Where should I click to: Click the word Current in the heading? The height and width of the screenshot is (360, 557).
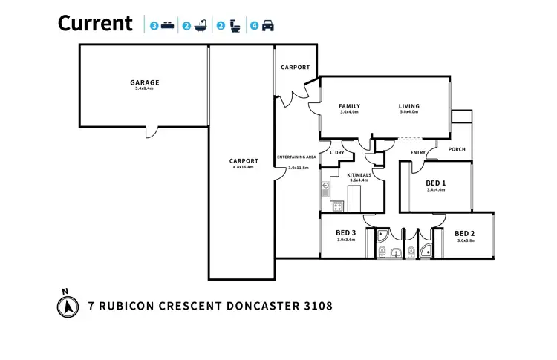[x=95, y=24]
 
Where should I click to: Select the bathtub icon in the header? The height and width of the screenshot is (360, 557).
[x=201, y=26]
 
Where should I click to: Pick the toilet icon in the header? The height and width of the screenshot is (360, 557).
[x=234, y=26]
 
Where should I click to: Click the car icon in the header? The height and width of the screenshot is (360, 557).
[x=267, y=26]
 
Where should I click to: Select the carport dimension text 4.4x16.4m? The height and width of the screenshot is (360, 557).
[x=243, y=167]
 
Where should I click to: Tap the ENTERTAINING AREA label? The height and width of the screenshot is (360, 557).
[x=297, y=157]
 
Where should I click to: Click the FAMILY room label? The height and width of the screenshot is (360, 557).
[x=349, y=106]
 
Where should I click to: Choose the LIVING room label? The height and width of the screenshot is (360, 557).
[x=409, y=106]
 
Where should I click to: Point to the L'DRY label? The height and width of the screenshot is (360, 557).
[x=336, y=153]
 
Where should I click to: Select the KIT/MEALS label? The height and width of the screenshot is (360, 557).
[x=359, y=175]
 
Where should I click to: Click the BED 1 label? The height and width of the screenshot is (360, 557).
[x=436, y=183]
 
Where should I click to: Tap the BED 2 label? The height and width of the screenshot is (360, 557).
[x=465, y=233]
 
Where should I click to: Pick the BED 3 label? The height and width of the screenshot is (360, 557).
[x=347, y=233]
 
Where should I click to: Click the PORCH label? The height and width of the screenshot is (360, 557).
[x=457, y=149]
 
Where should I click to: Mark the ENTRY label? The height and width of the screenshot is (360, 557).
[x=418, y=153]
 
